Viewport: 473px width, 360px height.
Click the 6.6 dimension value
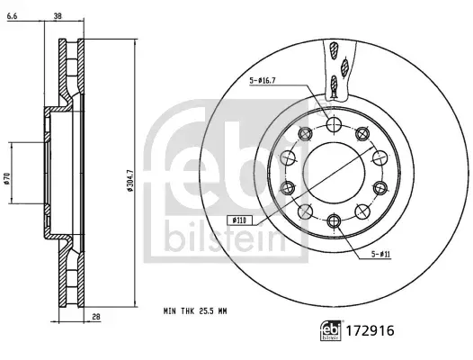pyautogui.click(x=12, y=16)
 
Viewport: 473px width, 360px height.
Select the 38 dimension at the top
pyautogui.click(x=58, y=16)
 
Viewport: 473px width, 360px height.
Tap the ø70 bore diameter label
pyautogui.click(x=6, y=178)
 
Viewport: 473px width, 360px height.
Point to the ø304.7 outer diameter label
pyautogui.click(x=130, y=180)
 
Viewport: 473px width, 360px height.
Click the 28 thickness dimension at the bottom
pyautogui.click(x=96, y=317)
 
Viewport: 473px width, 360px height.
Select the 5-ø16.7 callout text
pyautogui.click(x=263, y=80)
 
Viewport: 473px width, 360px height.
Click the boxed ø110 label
pyautogui.click(x=239, y=220)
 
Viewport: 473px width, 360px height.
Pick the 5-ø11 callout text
pyautogui.click(x=380, y=255)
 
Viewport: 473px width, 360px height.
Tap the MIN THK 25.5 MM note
pyautogui.click(x=195, y=310)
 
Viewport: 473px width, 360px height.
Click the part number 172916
pyautogui.click(x=370, y=330)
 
